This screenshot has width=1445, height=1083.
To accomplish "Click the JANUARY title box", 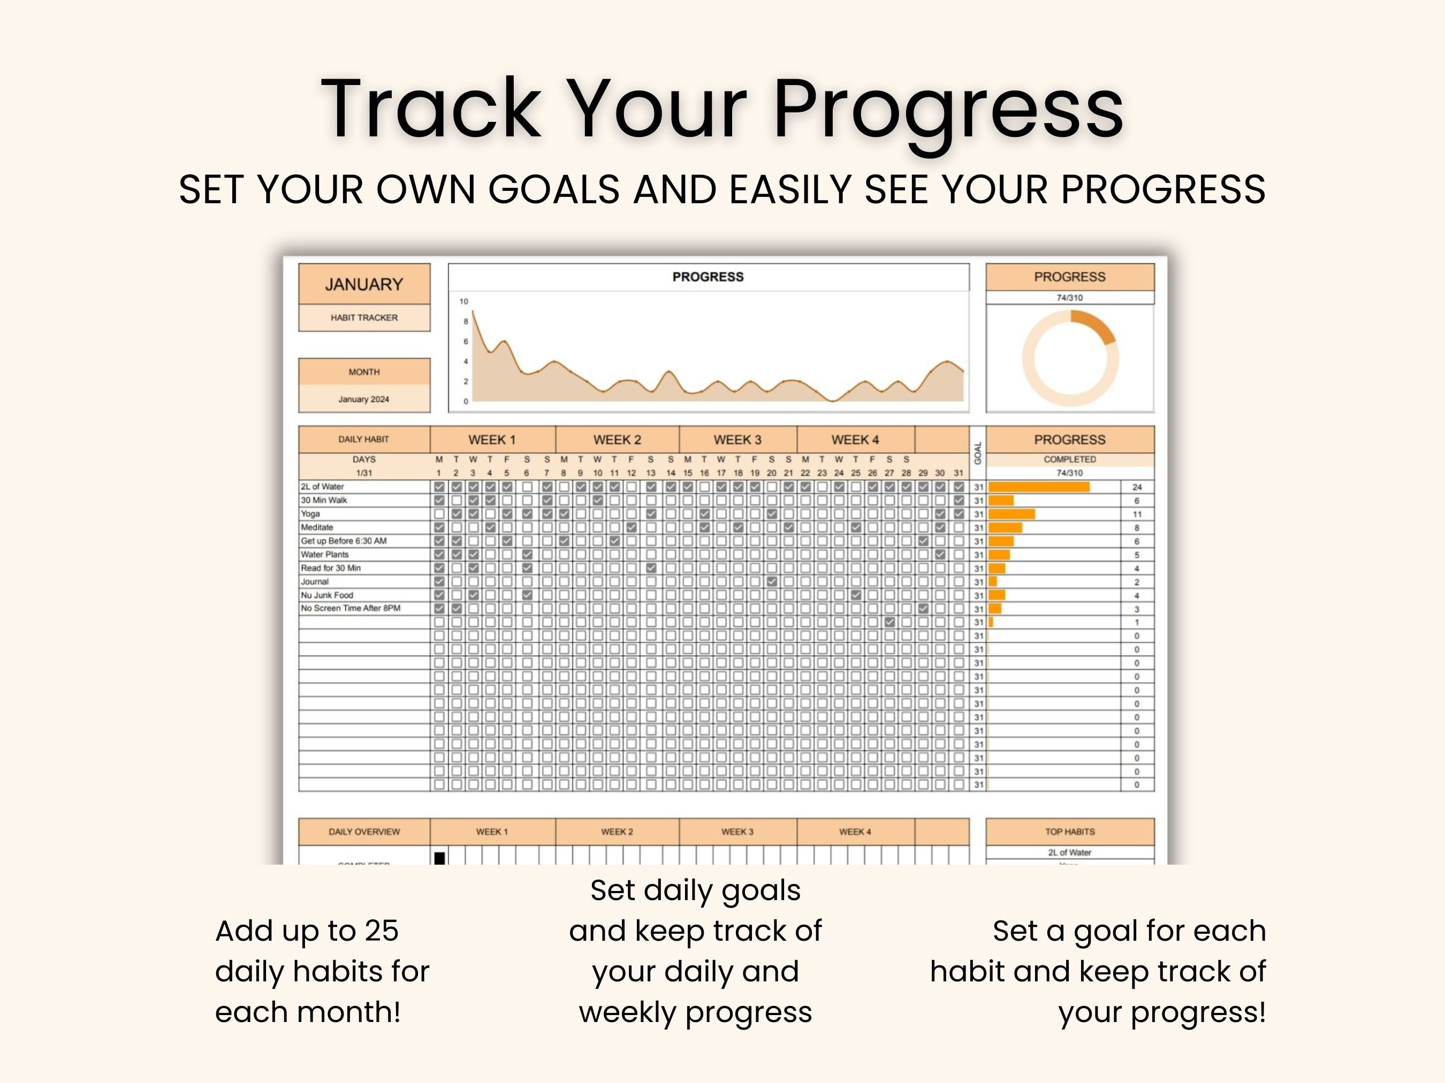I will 364,284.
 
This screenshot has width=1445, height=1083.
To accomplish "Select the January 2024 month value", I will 363,399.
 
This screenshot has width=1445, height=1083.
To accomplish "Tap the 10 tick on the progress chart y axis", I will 464,302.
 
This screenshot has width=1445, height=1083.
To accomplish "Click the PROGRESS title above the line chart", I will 708,277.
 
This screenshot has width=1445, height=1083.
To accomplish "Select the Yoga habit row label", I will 310,514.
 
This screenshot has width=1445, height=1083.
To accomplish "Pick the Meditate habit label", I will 317,527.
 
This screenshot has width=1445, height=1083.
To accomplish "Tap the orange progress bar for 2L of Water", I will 1039,487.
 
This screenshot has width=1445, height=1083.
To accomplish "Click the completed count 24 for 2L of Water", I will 1137,487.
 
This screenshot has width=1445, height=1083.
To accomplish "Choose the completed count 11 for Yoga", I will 1137,514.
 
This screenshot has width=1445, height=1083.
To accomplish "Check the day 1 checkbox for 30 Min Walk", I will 439,501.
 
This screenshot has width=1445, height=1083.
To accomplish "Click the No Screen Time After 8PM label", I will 350,609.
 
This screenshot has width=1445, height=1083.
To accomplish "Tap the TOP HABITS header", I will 1069,832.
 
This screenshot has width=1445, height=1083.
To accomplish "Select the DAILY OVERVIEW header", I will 364,832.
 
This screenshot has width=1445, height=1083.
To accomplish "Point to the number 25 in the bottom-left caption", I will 382,931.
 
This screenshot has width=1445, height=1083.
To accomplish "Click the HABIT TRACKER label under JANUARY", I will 364,318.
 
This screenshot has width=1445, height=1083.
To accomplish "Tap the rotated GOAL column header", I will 978,452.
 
